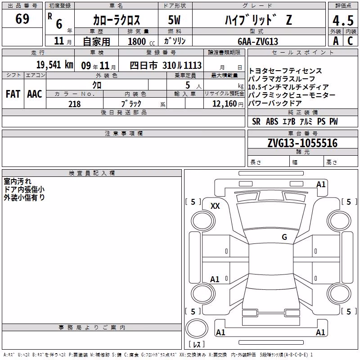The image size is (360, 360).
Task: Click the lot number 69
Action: [x=22, y=18]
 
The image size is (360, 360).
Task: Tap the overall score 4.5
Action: [x=343, y=20]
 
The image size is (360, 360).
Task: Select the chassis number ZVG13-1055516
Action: [x=302, y=143]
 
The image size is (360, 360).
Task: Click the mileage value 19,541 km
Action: [x=55, y=65]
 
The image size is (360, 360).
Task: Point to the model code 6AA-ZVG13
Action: [x=258, y=41]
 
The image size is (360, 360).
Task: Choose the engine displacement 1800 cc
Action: [x=141, y=41]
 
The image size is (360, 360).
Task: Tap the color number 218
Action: [x=74, y=104]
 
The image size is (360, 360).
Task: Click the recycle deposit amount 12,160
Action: [x=225, y=104]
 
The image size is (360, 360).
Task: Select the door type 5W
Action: [x=174, y=20]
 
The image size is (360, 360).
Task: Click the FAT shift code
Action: [x=13, y=94]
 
